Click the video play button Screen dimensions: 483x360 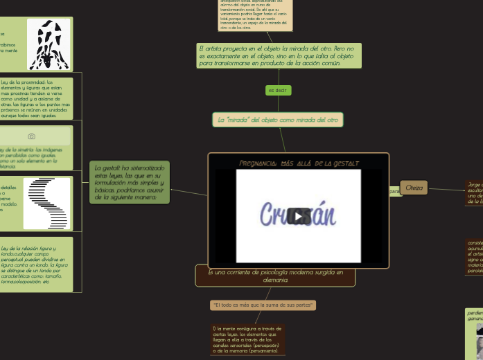pos(299,216)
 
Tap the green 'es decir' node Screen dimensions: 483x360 pos(278,91)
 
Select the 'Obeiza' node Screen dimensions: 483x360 pos(414,188)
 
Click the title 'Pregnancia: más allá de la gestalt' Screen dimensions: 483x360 pos(299,163)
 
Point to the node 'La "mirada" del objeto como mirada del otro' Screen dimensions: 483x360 pos(278,120)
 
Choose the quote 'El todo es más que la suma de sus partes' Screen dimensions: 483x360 pos(263,305)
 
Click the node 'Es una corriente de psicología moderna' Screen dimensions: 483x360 pos(275,276)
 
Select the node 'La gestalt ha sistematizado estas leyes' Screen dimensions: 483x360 pos(130,182)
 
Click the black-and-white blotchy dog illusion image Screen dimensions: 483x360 pos(49,44)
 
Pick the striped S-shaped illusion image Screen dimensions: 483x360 pos(46,203)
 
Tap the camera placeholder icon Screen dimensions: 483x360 pos(31,136)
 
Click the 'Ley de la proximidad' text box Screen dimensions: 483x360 pos(35,98)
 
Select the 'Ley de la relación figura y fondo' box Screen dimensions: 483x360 pos(35,264)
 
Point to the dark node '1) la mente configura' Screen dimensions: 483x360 pos(248,339)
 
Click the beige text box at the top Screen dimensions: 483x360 pos(255,15)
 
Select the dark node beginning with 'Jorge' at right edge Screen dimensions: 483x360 pos(474,193)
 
